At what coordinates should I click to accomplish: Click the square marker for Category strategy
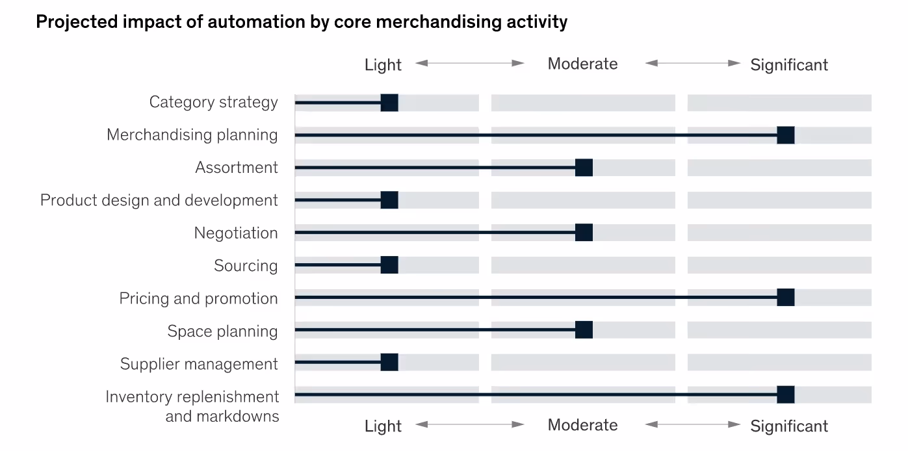tap(389, 103)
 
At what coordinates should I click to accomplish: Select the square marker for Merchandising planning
tap(785, 135)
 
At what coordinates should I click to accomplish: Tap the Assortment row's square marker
tap(584, 168)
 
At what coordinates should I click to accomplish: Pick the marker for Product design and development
tap(389, 200)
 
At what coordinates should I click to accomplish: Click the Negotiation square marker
tap(584, 233)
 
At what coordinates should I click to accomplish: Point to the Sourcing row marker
tap(389, 265)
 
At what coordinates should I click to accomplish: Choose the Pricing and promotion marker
tap(785, 298)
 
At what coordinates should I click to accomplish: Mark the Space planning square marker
tap(584, 330)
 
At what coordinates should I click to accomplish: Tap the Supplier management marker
tap(389, 363)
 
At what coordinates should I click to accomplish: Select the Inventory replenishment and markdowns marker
tap(785, 394)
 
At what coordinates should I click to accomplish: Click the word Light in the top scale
tap(383, 65)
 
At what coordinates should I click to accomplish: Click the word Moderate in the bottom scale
tap(582, 425)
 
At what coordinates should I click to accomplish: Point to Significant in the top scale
tap(789, 65)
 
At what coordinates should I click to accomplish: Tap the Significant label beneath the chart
tap(789, 426)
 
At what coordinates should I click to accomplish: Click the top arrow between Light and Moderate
tap(470, 63)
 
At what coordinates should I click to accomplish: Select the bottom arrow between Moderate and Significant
tap(693, 424)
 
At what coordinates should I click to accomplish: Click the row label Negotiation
tap(236, 233)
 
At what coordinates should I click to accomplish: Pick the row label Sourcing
tap(246, 266)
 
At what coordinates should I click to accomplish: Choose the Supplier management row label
tap(199, 364)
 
